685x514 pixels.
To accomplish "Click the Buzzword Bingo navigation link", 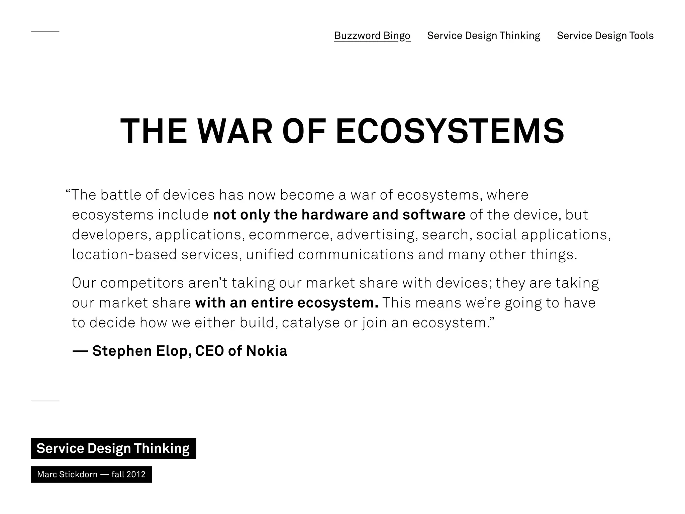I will coord(372,35).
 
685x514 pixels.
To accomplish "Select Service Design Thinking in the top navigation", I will coord(483,35).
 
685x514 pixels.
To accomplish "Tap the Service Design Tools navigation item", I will coord(605,35).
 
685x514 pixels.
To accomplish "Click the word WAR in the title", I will coord(234,131).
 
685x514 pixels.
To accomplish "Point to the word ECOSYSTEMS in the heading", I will coord(450,131).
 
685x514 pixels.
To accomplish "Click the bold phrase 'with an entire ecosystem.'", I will coord(287,303).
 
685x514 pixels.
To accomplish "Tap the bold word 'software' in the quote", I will coord(434,215).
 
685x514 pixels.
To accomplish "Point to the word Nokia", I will coord(267,351).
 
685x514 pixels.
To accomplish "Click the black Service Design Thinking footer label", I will coord(113,448).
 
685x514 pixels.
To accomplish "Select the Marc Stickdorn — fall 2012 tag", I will coord(91,475).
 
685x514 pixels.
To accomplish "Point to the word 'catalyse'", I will coord(311,323).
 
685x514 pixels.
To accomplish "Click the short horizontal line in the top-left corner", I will coord(45,31).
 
